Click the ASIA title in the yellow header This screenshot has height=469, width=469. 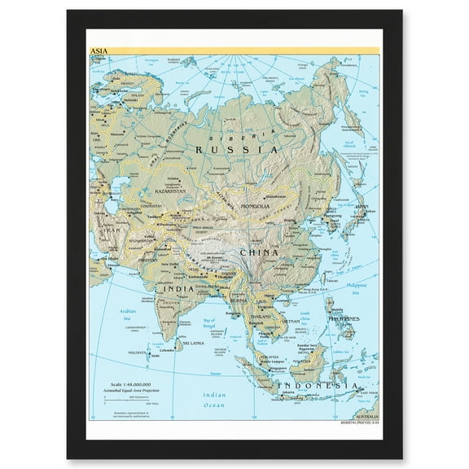(99, 50)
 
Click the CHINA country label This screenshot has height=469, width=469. (259, 252)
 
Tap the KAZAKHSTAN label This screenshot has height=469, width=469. (167, 191)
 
